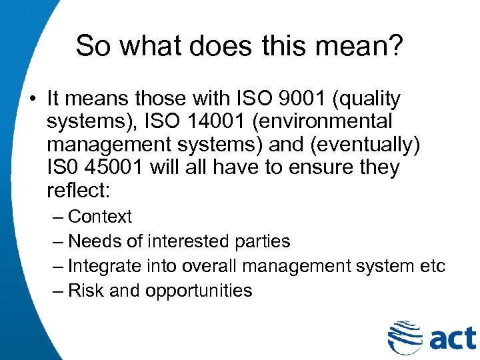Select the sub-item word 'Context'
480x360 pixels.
pos(100,217)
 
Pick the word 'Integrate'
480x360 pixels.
pos(105,266)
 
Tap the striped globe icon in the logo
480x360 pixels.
pos(404,337)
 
